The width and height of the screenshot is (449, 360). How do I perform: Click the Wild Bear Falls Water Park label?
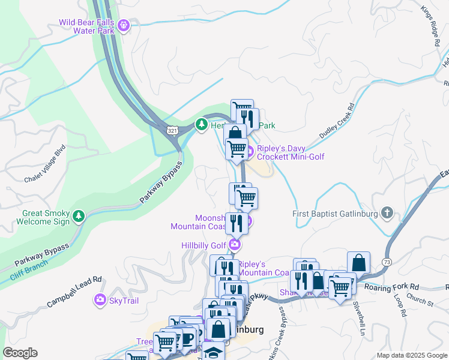pos(87,27)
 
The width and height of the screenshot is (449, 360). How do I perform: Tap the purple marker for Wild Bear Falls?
pos(124,25)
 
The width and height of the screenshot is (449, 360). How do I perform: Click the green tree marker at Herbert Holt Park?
pos(202,125)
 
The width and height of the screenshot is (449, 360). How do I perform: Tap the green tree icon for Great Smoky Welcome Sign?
pos(79,215)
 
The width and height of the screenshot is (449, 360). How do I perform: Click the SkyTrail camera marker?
pos(100,299)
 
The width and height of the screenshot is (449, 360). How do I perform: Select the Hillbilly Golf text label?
pos(203,245)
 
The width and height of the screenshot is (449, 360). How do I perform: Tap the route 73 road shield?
pos(386,262)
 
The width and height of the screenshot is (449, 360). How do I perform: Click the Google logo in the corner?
pos(20,353)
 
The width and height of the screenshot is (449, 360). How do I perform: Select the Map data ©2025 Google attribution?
pos(411,355)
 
